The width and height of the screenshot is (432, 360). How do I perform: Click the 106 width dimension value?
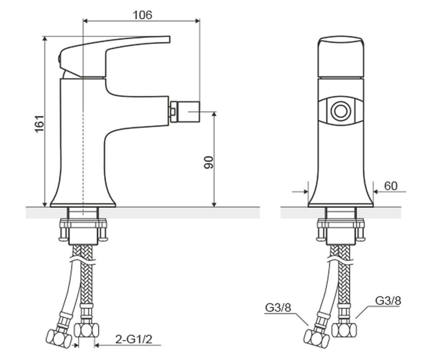coord(143,15)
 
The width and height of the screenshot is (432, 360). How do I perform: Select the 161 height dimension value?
coord(39,124)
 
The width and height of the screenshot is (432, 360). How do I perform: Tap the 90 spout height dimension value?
coord(208,163)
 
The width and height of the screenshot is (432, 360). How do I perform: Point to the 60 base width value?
coord(391,186)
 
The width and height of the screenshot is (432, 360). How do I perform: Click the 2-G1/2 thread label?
coord(134,339)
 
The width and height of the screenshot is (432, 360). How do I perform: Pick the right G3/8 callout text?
coord(388,301)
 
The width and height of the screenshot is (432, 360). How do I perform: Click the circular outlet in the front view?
coord(341,111)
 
